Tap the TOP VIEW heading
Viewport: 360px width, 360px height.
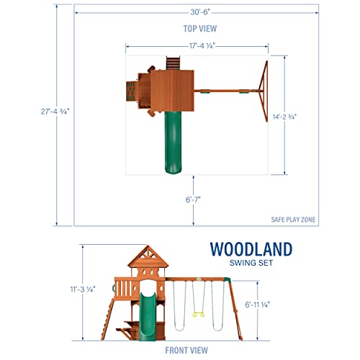tap(180, 28)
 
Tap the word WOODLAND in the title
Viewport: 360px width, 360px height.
tap(251, 250)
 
